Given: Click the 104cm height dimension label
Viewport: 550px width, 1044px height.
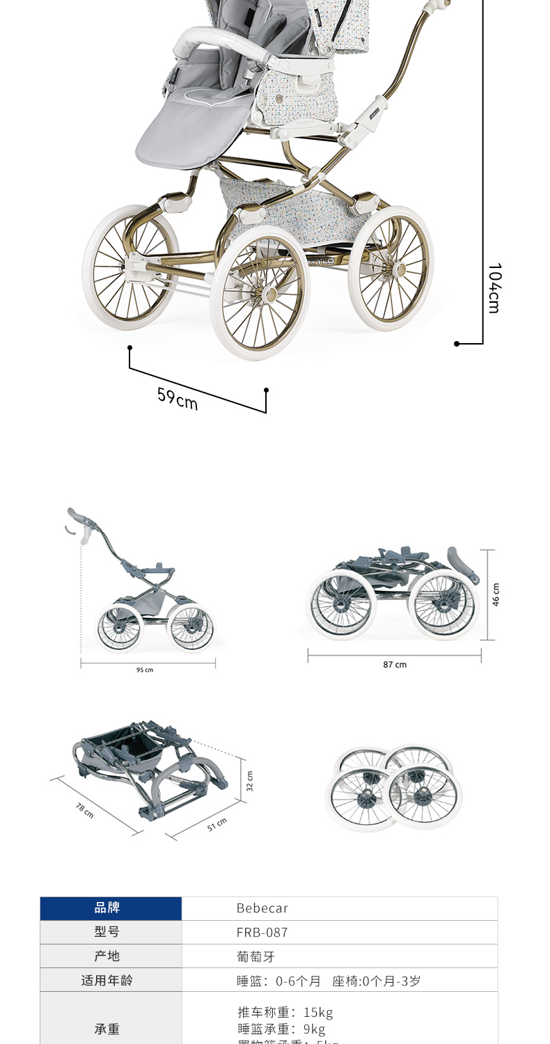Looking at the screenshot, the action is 494,287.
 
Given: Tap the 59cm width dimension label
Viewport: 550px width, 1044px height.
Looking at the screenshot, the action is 177,399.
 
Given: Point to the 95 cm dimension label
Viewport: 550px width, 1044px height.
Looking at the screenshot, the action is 145,670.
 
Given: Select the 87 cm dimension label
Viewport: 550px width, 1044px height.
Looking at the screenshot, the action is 395,665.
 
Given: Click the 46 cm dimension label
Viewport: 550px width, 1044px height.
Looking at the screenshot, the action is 496,595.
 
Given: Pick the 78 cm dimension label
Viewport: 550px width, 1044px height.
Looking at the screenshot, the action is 85,809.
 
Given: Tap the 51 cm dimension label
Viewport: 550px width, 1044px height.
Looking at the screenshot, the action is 217,825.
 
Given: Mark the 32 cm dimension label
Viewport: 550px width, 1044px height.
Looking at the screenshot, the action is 250,782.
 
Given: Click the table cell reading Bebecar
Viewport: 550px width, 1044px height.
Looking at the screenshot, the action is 262,908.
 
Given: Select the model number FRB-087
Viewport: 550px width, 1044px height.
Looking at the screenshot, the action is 262,933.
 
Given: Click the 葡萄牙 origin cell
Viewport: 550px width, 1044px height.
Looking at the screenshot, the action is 256,956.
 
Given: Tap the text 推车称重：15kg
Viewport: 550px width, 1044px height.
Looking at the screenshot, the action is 285,1012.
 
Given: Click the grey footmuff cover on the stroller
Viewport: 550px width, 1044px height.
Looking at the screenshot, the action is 191,125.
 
